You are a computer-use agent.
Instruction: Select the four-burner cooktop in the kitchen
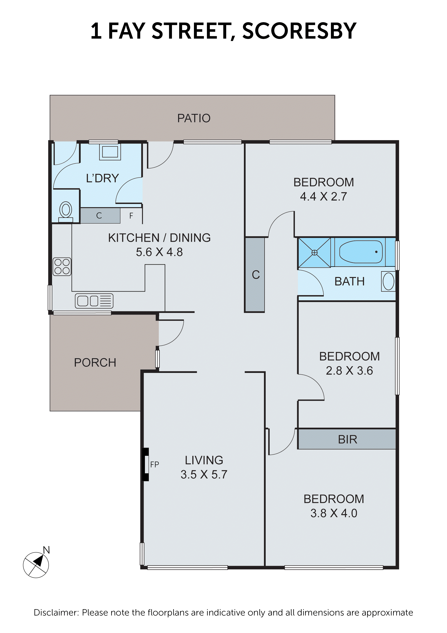pos(62,267)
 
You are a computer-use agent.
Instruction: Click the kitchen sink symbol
pos(94,301)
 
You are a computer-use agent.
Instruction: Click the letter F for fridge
pos(131,216)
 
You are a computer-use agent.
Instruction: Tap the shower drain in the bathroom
pos(315,253)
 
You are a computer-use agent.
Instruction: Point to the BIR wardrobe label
pos(347,439)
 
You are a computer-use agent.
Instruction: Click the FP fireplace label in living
pos(154,465)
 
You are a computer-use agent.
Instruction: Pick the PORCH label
pos(95,363)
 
